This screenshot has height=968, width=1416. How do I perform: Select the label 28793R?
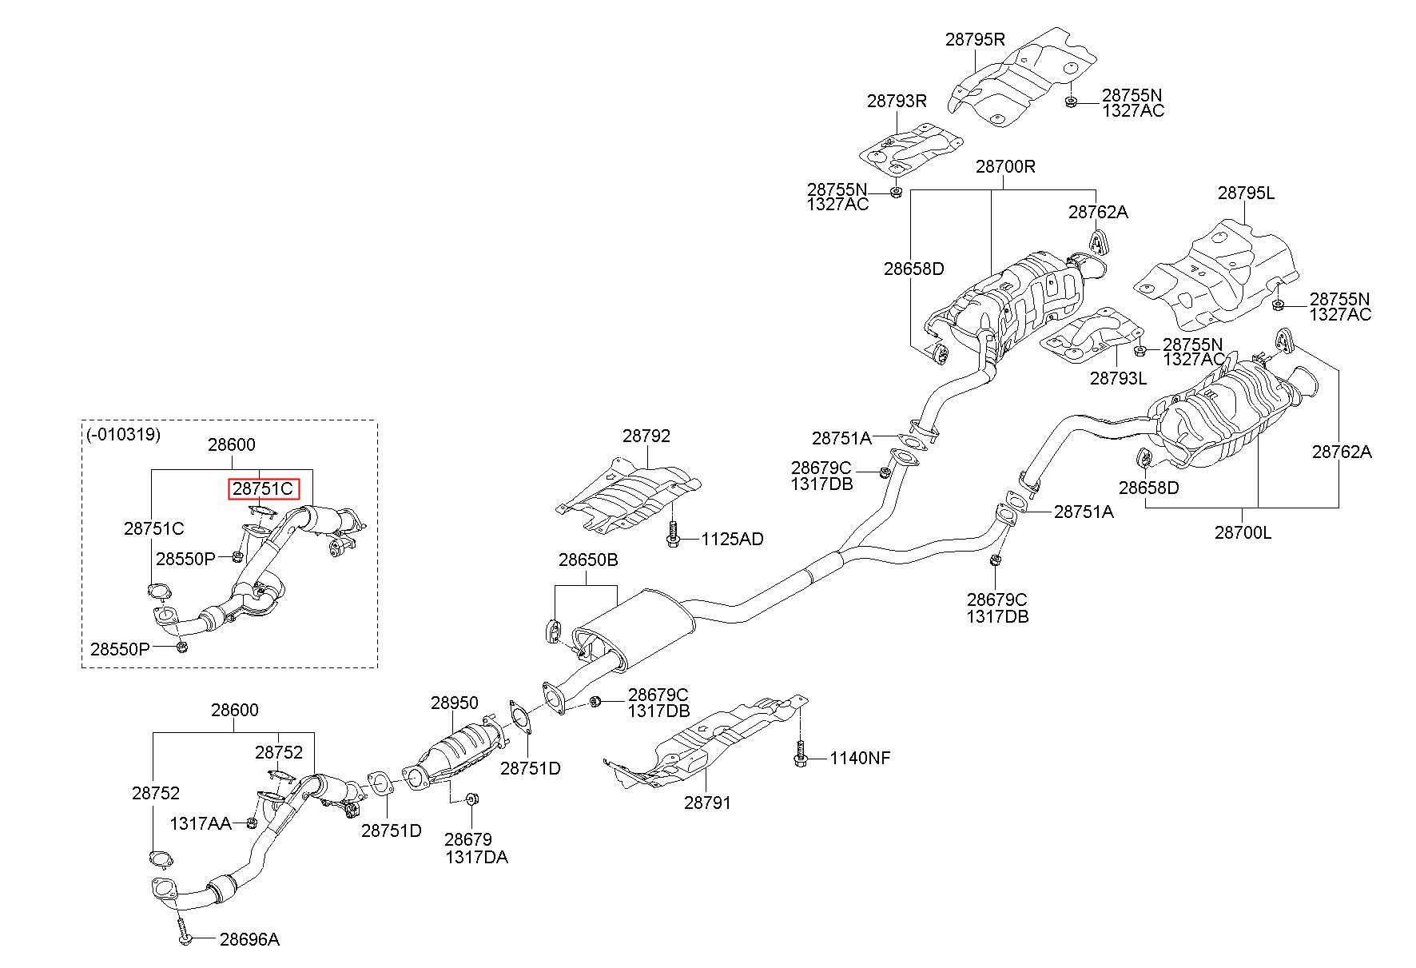(x=897, y=101)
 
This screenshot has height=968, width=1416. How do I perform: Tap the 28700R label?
(x=1005, y=167)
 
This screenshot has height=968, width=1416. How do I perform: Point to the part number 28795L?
(x=1246, y=193)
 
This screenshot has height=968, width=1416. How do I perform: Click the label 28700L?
(x=1243, y=532)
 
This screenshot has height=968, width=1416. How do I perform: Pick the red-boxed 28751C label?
(x=264, y=488)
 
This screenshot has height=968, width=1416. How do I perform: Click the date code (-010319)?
(x=123, y=435)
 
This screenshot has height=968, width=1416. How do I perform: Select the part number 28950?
(x=455, y=703)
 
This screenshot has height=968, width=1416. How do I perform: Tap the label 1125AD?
(x=732, y=540)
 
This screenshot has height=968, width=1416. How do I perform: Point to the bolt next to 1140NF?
(x=801, y=754)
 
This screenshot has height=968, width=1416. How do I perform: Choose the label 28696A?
(x=249, y=939)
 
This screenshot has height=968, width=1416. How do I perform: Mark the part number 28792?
(x=646, y=436)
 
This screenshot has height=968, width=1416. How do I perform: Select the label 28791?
(x=707, y=802)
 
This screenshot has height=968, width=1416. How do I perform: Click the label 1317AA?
(x=201, y=823)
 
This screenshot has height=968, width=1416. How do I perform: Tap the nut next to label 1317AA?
(x=250, y=823)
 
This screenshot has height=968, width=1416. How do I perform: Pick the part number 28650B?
(x=588, y=560)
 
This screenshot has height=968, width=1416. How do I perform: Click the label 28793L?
(x=1118, y=377)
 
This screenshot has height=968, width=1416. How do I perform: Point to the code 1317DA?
(x=476, y=857)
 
